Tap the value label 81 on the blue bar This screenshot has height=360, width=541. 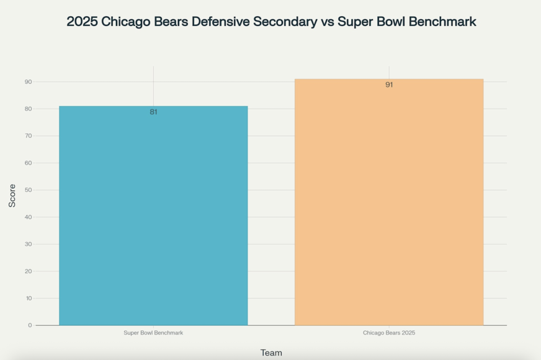click(153, 112)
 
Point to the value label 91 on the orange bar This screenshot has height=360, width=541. click(389, 85)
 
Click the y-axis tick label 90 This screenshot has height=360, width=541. click(28, 82)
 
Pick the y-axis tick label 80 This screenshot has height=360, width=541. click(28, 109)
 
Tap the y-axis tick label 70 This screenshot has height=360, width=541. click(28, 136)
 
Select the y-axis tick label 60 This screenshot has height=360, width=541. click(28, 163)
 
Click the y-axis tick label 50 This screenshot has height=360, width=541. click(28, 190)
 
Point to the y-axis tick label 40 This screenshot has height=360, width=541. click(28, 217)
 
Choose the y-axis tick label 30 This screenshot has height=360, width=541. click(28, 244)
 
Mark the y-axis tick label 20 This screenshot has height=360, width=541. click(28, 271)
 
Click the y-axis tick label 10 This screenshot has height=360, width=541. click(28, 299)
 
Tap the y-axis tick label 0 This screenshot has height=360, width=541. click(30, 325)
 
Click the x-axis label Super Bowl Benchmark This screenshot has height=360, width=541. click(153, 333)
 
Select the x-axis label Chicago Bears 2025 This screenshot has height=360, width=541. click(389, 333)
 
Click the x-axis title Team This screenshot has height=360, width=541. click(271, 353)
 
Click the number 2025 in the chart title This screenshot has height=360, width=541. click(82, 22)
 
